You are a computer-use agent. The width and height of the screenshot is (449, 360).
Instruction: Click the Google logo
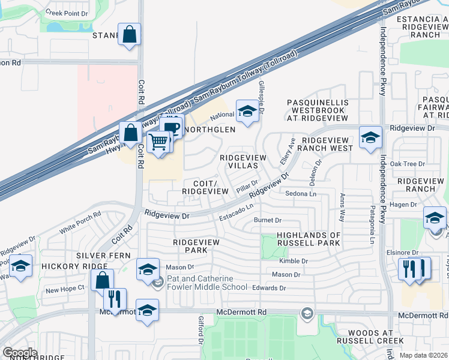point(20,353)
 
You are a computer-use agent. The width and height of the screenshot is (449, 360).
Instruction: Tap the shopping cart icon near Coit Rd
point(158,142)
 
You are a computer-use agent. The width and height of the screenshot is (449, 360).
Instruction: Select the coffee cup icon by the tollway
point(172,127)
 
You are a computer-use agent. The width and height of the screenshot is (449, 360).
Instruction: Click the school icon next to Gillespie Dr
point(246,111)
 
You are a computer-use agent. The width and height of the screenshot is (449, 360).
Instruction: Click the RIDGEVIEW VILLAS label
point(243,161)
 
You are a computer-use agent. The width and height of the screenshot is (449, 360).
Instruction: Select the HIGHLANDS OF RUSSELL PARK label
point(309,239)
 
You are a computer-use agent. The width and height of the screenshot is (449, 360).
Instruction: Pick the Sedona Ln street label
point(301,194)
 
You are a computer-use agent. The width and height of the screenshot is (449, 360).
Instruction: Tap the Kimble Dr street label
point(294,261)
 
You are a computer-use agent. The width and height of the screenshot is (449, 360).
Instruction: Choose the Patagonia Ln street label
point(373,221)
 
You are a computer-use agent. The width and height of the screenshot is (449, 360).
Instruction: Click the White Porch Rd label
point(80,224)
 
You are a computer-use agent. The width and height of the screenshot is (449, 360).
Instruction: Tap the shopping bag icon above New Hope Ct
point(102,279)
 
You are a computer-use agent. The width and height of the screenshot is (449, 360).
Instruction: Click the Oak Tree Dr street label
point(407,163)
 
